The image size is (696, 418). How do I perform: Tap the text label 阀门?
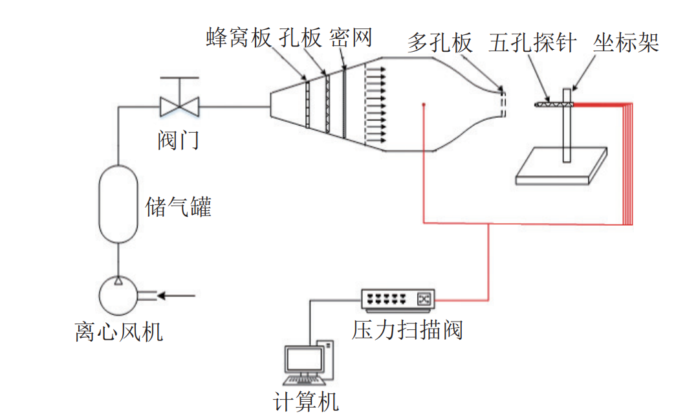click(x=179, y=139)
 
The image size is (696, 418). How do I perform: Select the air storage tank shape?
click(x=118, y=203)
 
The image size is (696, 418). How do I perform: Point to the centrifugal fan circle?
click(x=118, y=296)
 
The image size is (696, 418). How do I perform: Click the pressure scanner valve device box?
click(x=398, y=298)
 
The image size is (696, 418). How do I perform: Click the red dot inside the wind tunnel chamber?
click(x=423, y=104)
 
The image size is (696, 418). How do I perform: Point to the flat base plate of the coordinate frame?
click(x=561, y=167)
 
